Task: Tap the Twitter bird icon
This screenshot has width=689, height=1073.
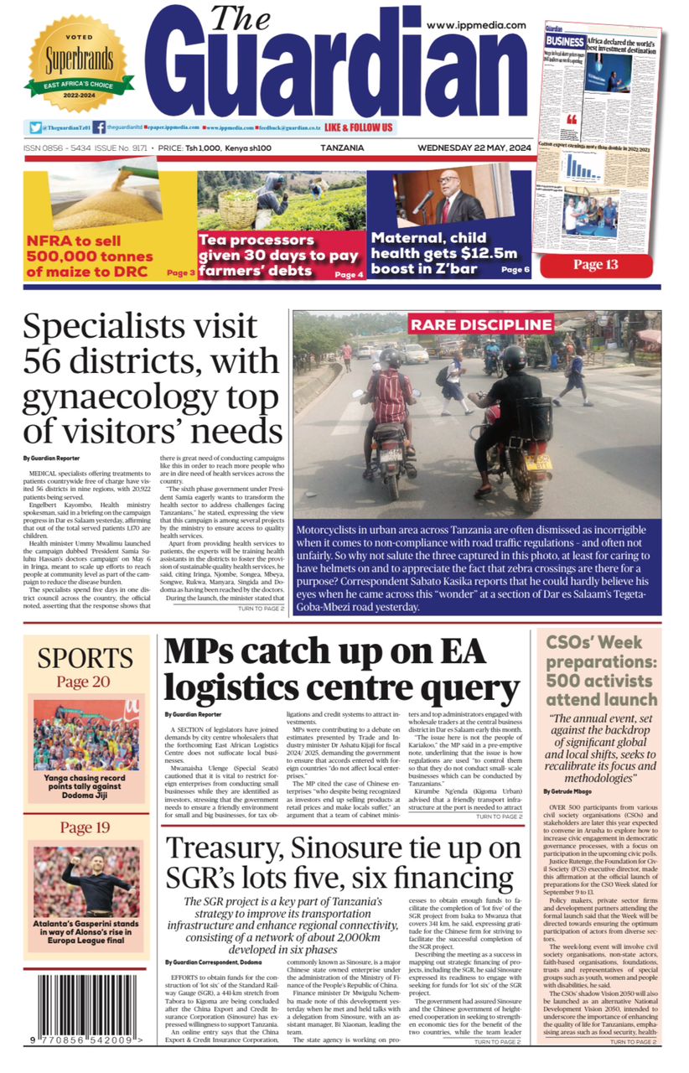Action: click(x=35, y=127)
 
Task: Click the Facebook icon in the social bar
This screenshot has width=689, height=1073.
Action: click(x=99, y=127)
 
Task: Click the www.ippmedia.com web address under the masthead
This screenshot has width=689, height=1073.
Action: click(x=476, y=25)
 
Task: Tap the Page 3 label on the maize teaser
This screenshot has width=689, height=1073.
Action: click(x=181, y=272)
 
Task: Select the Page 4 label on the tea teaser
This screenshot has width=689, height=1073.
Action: click(x=349, y=274)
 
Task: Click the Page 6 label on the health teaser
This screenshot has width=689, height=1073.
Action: click(x=515, y=270)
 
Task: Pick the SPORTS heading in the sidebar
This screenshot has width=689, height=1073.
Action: click(x=85, y=658)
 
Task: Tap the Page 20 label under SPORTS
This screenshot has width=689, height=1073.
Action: click(x=85, y=682)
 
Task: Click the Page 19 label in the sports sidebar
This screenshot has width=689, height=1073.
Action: click(x=85, y=828)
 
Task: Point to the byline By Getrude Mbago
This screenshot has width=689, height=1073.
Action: click(x=575, y=790)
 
